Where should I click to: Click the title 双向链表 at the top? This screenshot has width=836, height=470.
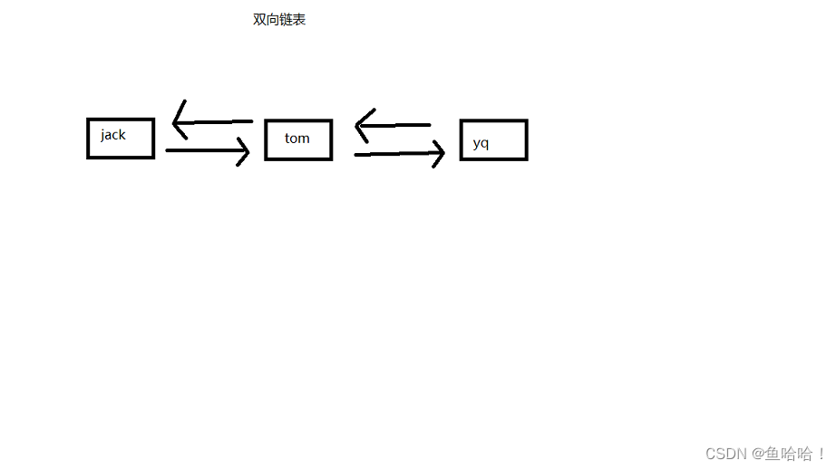point(279,20)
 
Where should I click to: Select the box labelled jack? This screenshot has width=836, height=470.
point(121,139)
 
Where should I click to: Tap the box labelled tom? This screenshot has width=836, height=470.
point(298,139)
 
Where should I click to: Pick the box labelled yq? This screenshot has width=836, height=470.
point(493,140)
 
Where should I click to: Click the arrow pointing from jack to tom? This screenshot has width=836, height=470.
point(207,151)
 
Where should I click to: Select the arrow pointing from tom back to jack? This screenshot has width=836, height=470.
point(213,121)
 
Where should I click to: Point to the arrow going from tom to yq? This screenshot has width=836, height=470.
point(399,155)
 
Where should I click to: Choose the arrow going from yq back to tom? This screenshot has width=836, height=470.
point(394,125)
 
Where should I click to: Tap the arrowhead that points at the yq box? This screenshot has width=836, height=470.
point(438,154)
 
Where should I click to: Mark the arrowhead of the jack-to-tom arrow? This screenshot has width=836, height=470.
point(242,151)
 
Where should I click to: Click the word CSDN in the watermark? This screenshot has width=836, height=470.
point(725,454)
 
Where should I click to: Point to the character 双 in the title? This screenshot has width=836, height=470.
point(259,20)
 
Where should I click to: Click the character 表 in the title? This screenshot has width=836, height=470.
point(299,20)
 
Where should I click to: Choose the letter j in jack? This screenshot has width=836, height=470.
point(103,136)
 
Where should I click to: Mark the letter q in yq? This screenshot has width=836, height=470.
point(484,144)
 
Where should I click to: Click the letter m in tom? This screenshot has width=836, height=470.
point(304,139)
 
